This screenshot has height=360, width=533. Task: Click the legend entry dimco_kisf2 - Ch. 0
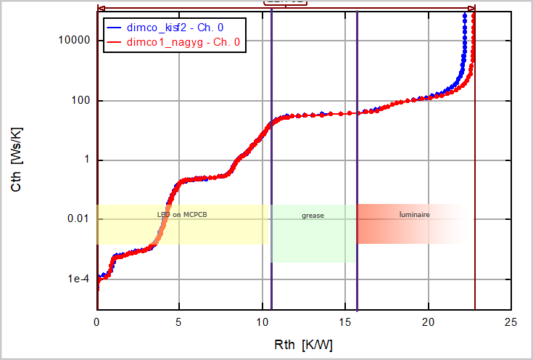[x=175, y=27]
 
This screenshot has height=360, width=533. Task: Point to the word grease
[x=313, y=216]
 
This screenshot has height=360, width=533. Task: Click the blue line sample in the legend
[x=114, y=28]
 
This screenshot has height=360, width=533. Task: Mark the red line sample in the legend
[x=114, y=43]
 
